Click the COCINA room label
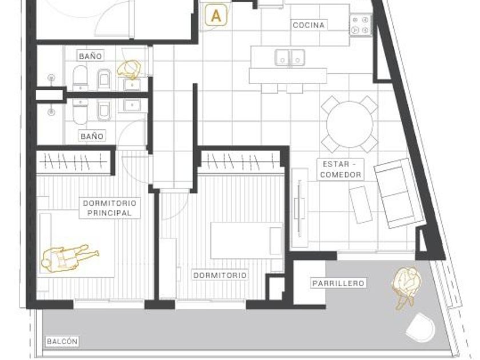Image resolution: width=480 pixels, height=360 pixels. (309, 25)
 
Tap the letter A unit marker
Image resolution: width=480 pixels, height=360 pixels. (216, 15)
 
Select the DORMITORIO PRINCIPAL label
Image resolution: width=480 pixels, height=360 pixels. (110, 208)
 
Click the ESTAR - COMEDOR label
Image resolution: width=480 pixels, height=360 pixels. (341, 169)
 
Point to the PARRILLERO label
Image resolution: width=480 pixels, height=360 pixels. (338, 283)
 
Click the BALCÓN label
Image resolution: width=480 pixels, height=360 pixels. (62, 341)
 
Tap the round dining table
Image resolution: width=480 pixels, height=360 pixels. (350, 125)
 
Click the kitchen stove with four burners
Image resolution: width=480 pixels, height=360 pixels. (361, 25)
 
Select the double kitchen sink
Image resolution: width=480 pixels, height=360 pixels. (290, 58)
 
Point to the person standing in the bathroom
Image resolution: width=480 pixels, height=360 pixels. (129, 69)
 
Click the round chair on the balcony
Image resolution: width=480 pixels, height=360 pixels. (421, 327)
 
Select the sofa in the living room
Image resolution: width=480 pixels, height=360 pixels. (399, 193)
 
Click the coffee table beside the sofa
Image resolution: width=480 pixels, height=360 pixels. (361, 204)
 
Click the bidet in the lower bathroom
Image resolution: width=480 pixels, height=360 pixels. (104, 110)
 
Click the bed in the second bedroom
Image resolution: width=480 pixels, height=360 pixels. (247, 241)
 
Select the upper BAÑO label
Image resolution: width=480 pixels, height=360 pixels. (90, 56)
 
